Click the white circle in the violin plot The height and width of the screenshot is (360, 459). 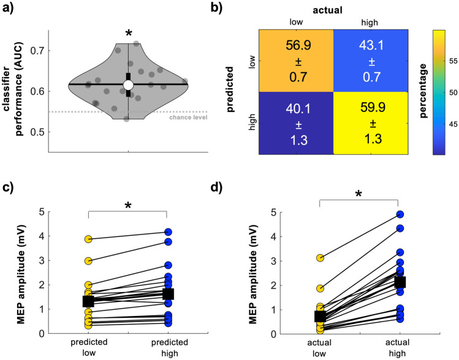coord(128,84)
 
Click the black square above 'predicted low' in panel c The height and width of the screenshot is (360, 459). coord(89,301)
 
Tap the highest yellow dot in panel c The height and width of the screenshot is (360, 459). coord(89,239)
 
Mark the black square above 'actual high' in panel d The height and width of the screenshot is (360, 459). coord(399,282)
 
